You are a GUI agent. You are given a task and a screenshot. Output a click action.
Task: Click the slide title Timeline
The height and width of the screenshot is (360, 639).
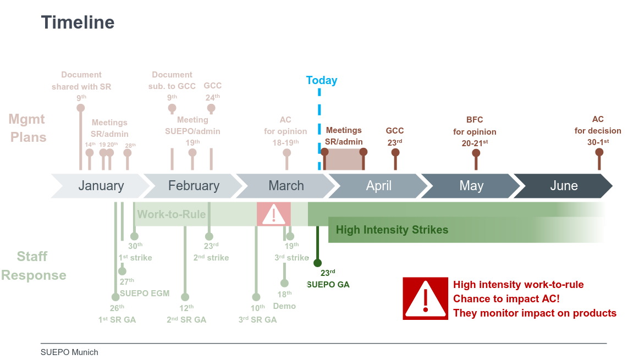[78, 23]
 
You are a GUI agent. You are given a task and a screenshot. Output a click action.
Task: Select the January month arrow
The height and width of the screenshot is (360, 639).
[101, 186]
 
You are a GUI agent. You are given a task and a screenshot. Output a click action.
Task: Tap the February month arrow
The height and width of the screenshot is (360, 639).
[194, 186]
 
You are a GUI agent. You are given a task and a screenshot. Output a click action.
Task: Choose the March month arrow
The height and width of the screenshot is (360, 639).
[286, 186]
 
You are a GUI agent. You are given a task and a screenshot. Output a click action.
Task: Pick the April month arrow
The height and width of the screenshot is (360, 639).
[378, 186]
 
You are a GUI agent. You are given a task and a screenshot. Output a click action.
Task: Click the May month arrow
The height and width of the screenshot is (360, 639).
[471, 186]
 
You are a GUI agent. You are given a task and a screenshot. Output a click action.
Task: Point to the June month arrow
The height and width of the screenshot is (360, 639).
[564, 186]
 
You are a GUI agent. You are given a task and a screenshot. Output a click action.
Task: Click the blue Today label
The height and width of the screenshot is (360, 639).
[322, 80]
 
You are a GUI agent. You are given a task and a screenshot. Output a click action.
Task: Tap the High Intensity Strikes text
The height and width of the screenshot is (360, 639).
[392, 230]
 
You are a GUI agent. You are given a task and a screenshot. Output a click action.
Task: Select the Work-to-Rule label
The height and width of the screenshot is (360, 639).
[172, 214]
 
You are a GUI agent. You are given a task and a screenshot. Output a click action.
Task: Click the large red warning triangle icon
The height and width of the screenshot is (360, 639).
[425, 298]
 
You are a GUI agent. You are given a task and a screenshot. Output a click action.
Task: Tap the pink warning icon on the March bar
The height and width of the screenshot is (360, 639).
[274, 214]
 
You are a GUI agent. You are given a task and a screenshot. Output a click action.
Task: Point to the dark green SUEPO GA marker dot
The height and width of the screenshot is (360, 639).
[317, 263]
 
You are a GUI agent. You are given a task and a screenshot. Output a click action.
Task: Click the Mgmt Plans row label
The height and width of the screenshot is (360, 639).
[27, 128]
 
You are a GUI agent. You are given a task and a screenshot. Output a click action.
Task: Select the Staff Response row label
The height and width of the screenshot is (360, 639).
[34, 265]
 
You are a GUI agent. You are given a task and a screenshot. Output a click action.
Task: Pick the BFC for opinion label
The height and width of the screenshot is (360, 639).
[475, 131]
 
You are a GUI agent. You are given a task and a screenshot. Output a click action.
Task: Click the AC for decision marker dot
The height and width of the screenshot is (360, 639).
[599, 152]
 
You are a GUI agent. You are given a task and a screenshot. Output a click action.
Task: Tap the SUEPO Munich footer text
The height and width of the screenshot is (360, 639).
[69, 352]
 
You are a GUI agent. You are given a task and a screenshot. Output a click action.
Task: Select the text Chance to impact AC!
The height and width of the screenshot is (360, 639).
[506, 299]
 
